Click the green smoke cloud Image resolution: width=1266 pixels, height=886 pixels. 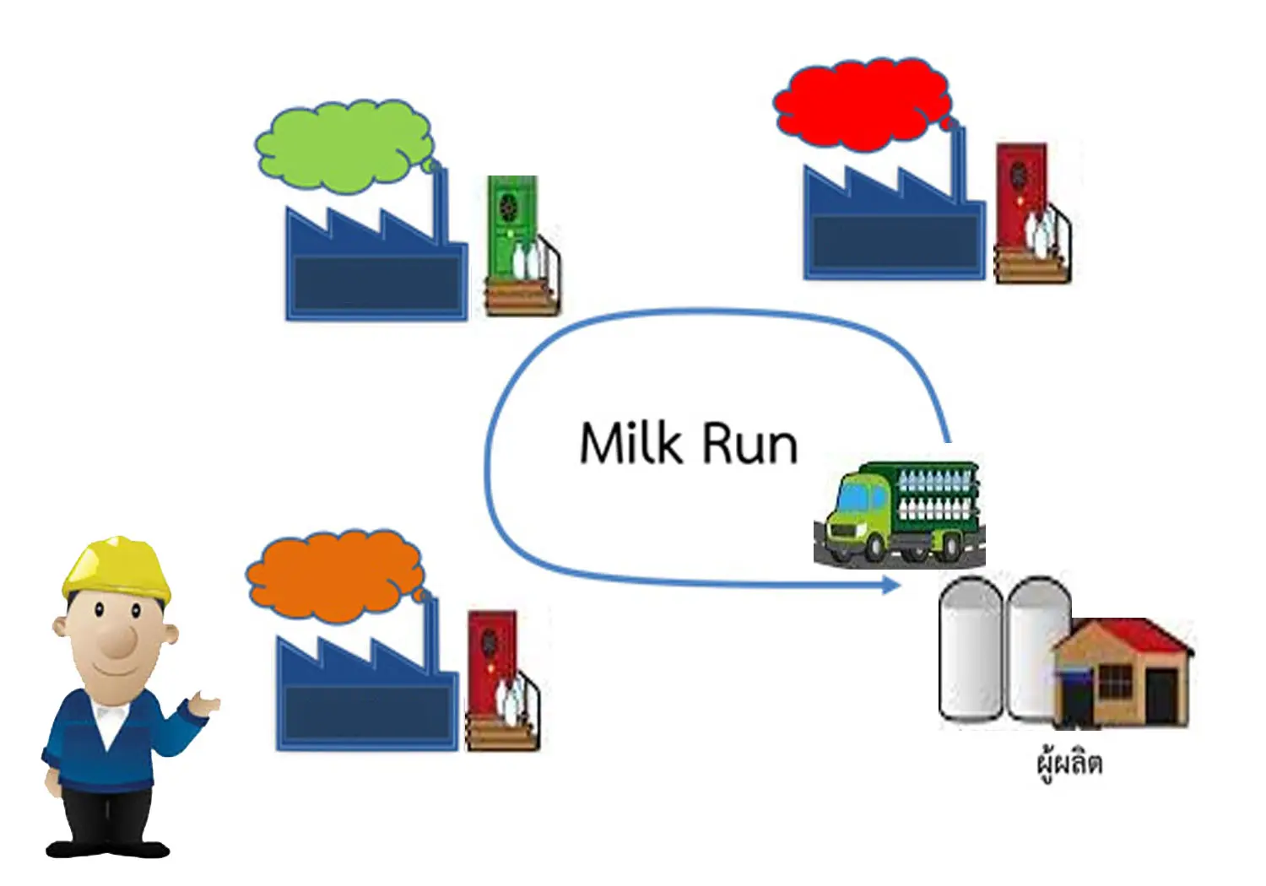[342, 145]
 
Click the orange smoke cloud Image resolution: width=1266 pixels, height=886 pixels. [333, 577]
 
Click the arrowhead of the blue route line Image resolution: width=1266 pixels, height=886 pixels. [892, 585]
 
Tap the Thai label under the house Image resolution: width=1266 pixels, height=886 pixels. [1069, 764]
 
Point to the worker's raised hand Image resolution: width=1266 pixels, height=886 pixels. [205, 703]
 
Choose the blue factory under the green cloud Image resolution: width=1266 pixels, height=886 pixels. [375, 270]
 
